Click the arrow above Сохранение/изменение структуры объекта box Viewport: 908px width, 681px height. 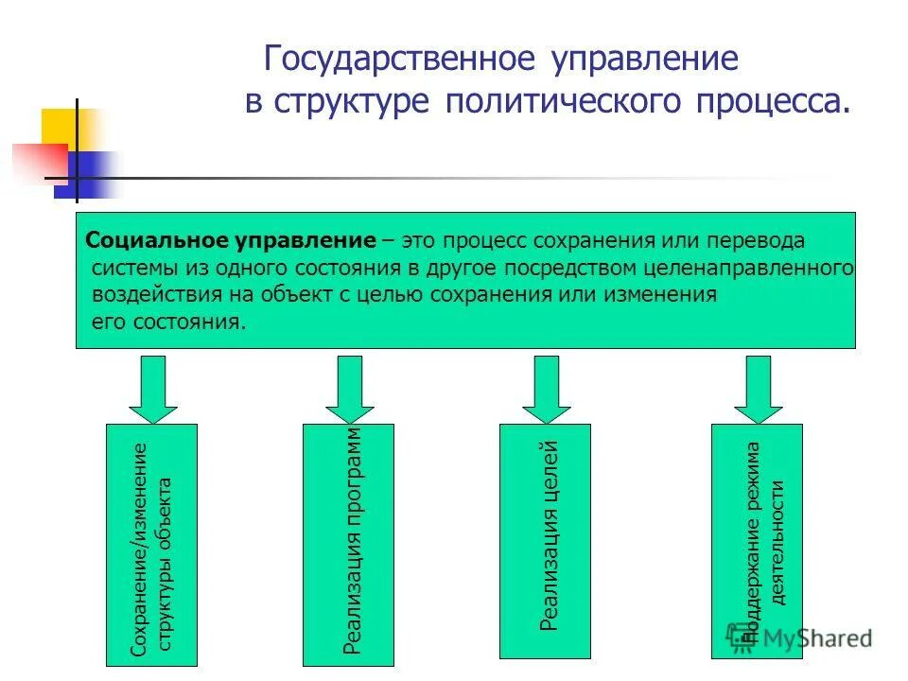[x=152, y=388]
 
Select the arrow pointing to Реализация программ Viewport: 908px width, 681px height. [x=349, y=388]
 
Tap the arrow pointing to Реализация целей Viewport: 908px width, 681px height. [x=546, y=388]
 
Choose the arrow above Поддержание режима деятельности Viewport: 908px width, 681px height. [x=758, y=388]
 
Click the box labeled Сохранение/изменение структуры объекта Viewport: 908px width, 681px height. [x=152, y=544]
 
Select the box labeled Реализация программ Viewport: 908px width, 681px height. [x=349, y=544]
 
